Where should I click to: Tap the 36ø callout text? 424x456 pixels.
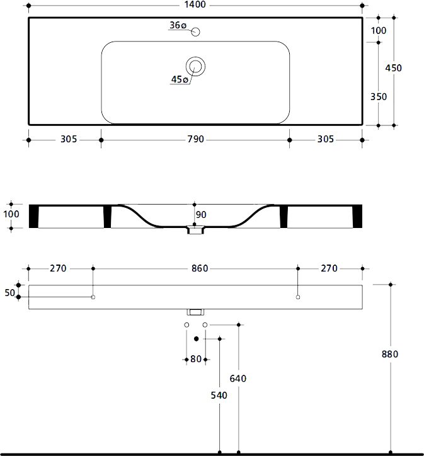tap(178, 26)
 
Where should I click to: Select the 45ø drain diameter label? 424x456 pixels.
tap(180, 79)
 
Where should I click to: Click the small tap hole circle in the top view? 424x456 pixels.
tap(195, 31)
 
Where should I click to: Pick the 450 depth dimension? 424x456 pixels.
tap(393, 68)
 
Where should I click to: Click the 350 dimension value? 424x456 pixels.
tap(379, 97)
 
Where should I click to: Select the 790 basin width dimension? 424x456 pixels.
tap(195, 139)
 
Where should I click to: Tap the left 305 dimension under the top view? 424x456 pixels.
tap(69, 139)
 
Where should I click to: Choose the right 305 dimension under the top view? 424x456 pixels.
tap(325, 139)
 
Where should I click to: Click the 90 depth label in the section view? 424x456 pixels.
tap(201, 215)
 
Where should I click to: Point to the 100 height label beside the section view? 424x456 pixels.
tap(11, 215)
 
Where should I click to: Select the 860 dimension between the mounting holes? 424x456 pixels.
tap(199, 268)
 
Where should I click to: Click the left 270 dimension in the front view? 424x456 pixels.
tap(58, 268)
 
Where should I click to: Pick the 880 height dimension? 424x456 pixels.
tap(391, 354)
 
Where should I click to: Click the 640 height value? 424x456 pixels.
tap(238, 379)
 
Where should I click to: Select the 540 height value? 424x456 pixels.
tap(219, 396)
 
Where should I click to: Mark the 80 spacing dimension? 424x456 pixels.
tap(196, 360)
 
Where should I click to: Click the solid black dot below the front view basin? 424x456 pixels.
tap(197, 339)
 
